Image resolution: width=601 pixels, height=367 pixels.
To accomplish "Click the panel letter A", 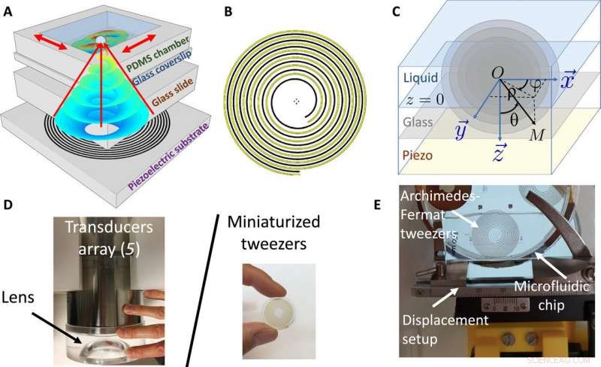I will tap(8, 11).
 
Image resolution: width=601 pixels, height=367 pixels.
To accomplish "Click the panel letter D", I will tap(8, 204).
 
